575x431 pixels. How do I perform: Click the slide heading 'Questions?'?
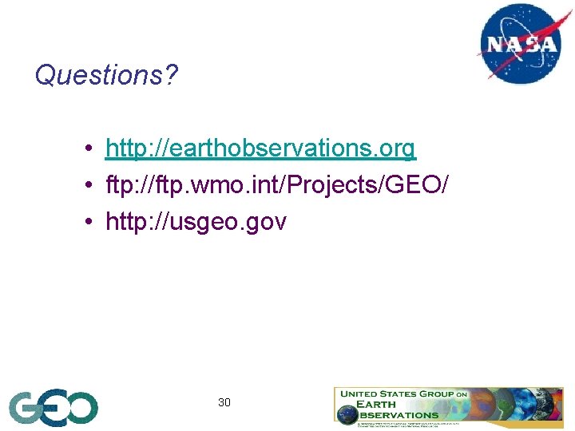click(106, 76)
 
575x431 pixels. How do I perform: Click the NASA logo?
click(521, 43)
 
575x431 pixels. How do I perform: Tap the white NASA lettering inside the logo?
click(521, 44)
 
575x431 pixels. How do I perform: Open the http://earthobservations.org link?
click(260, 148)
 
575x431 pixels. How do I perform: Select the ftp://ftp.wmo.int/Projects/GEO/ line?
click(276, 185)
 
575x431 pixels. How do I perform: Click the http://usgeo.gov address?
click(196, 222)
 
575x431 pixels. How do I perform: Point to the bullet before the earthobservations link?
click(93, 149)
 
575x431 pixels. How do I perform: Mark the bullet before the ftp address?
click(93, 186)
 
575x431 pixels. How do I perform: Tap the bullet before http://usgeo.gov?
click(93, 223)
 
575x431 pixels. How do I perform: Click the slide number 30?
click(224, 402)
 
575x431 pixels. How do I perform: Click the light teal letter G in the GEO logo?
click(24, 408)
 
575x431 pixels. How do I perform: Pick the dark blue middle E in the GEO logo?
click(52, 408)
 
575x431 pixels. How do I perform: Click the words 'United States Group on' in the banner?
click(403, 393)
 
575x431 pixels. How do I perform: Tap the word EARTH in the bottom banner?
click(379, 404)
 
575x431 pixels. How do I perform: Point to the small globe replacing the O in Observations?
click(347, 414)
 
